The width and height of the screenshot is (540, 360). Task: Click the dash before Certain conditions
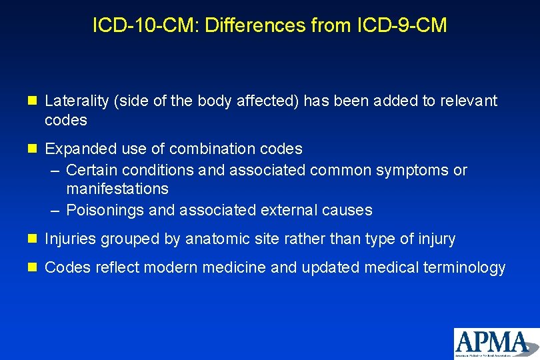56,170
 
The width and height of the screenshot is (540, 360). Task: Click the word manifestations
117,189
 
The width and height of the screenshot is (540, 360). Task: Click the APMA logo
496,343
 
